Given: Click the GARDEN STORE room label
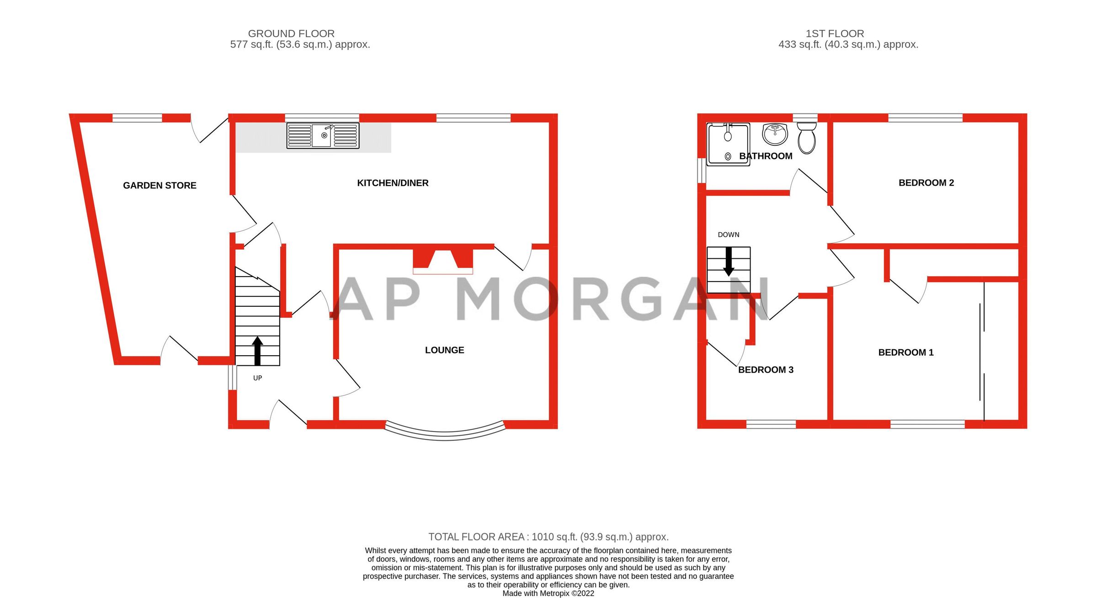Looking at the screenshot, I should click(x=160, y=185).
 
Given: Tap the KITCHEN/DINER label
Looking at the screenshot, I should click(x=393, y=183).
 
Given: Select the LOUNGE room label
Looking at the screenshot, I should click(x=444, y=350).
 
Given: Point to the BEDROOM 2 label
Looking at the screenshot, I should click(x=926, y=182).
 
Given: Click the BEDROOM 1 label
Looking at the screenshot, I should click(x=905, y=352).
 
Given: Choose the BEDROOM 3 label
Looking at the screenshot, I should click(x=766, y=369).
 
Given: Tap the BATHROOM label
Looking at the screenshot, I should click(x=766, y=156).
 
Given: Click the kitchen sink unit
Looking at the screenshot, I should click(x=323, y=135).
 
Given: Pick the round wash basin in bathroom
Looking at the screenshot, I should click(x=775, y=134).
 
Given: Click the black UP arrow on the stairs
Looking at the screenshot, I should click(x=257, y=351).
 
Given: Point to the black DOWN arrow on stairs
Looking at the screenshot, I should click(x=729, y=262).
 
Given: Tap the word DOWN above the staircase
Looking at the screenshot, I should click(x=728, y=235).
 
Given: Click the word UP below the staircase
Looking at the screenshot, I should click(x=257, y=378).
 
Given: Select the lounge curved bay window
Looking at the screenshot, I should click(x=445, y=432).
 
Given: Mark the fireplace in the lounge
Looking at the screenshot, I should click(x=442, y=261).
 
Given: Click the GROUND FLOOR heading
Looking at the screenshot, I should click(x=291, y=33).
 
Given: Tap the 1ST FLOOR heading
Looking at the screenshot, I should click(x=835, y=33).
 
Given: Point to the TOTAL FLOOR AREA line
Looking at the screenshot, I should click(x=548, y=537).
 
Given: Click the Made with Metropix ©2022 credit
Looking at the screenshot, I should click(x=548, y=593).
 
